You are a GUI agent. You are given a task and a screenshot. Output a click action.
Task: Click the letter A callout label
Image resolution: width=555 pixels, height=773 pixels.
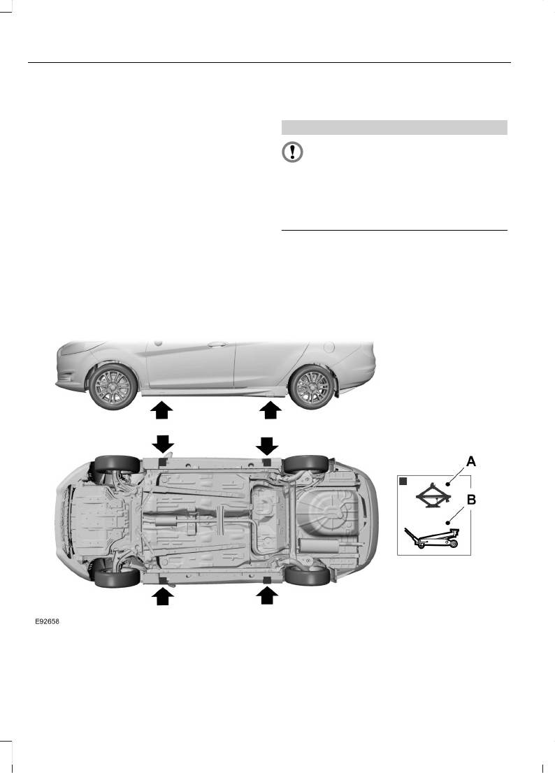pos(471,461)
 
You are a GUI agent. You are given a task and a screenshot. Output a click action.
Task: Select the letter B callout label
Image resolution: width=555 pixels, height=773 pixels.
pos(471,500)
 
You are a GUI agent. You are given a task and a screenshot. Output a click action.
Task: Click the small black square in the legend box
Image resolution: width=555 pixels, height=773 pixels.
pos(403,482)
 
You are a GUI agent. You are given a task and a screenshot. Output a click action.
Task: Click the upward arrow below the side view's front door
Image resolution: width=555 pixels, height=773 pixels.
pos(161,410)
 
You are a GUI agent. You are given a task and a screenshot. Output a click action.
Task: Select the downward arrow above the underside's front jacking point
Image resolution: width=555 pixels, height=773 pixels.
pos(161,445)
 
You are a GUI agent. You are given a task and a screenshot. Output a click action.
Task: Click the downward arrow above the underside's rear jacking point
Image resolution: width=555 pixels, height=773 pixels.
pos(267,445)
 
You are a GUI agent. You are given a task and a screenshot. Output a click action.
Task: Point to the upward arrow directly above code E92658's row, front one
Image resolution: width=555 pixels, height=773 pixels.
pos(161,595)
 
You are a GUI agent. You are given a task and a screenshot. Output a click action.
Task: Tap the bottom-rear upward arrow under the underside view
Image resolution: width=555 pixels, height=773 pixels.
pos(267,595)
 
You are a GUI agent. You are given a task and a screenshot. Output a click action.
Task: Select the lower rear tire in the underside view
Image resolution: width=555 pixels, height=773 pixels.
pos(307,576)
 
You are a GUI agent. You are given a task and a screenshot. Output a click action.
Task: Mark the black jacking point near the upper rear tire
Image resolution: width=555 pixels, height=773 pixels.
pos(266,463)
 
